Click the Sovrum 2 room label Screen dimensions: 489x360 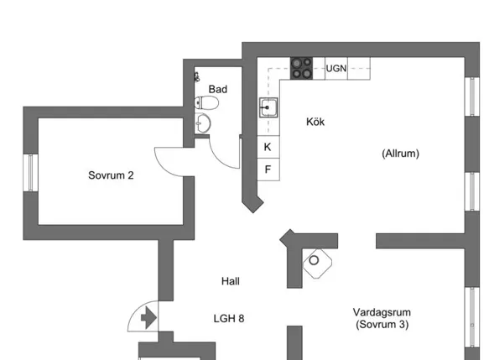tap(111, 175)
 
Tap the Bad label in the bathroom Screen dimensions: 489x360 tap(218, 89)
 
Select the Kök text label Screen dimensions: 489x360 tap(315, 122)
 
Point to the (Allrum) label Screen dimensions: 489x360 tap(400, 154)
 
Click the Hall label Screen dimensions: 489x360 tap(231, 281)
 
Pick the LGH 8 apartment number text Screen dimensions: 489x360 tap(229, 319)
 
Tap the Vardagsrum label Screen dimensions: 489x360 tap(382, 312)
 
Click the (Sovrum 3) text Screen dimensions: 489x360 tap(382, 325)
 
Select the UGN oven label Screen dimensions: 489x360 tap(336, 68)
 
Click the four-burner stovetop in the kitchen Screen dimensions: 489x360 tap(302, 68)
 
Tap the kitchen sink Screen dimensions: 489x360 tap(268, 107)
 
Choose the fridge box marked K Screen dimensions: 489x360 tap(268, 147)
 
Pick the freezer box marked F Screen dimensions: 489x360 tap(268, 170)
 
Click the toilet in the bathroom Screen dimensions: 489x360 tap(206, 102)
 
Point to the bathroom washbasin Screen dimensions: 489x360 tap(202, 124)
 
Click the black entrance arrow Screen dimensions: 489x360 tap(148, 318)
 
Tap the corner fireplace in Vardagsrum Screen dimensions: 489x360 tap(318, 263)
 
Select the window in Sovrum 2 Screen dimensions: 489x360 tap(30, 173)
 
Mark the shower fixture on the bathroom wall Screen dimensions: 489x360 tap(197, 76)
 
